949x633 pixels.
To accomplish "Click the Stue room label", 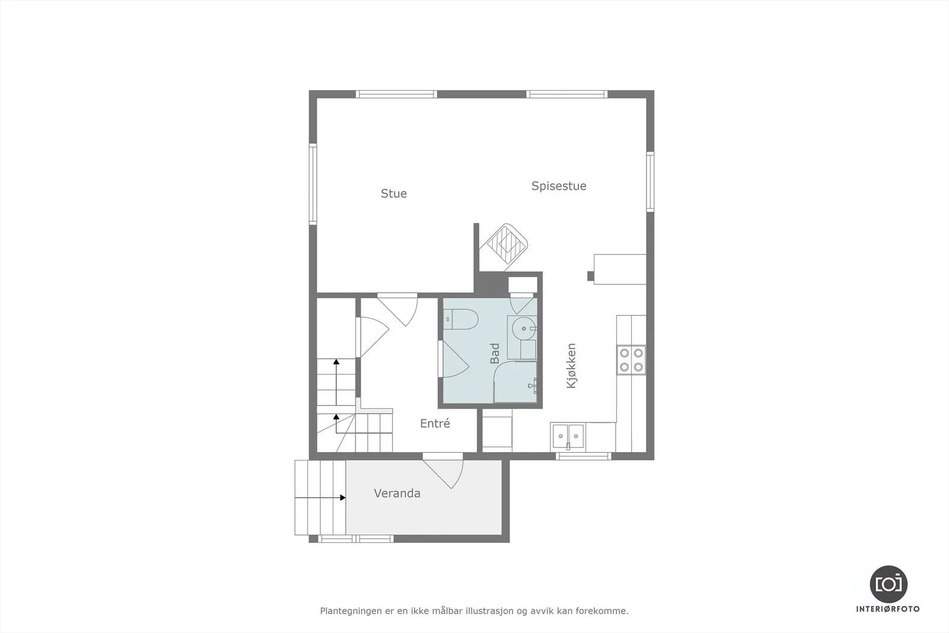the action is point(394,193).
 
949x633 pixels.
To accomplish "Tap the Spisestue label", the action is point(559,186).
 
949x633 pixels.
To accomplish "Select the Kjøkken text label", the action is point(572,365).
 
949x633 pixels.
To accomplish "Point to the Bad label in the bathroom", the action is point(495,354).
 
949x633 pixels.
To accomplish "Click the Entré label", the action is point(435,423).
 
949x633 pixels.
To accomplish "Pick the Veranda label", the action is point(397,493).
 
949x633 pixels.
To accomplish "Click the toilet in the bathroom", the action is point(461,319).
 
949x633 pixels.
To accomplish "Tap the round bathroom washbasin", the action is point(524,328).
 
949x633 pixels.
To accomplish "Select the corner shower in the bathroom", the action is point(515,381).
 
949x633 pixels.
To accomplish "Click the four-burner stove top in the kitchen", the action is point(631,360).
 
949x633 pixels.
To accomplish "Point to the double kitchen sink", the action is point(568,436).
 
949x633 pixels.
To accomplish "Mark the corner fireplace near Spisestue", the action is point(507,246).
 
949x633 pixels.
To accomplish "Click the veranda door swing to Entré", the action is point(442,472).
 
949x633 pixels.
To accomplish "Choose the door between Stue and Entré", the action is point(397,310).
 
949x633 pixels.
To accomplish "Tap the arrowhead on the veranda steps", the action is point(343,498).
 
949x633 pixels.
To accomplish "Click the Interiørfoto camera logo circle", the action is point(889,584).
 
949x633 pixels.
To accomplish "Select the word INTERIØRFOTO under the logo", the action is point(888,609).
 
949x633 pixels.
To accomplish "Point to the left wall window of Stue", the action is point(313,184).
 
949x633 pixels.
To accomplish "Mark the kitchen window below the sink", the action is point(584,456).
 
